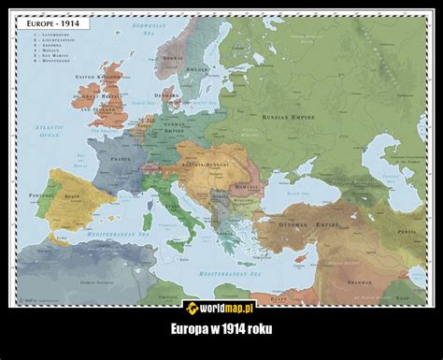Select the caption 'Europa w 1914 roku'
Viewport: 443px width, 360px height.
coord(221,329)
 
